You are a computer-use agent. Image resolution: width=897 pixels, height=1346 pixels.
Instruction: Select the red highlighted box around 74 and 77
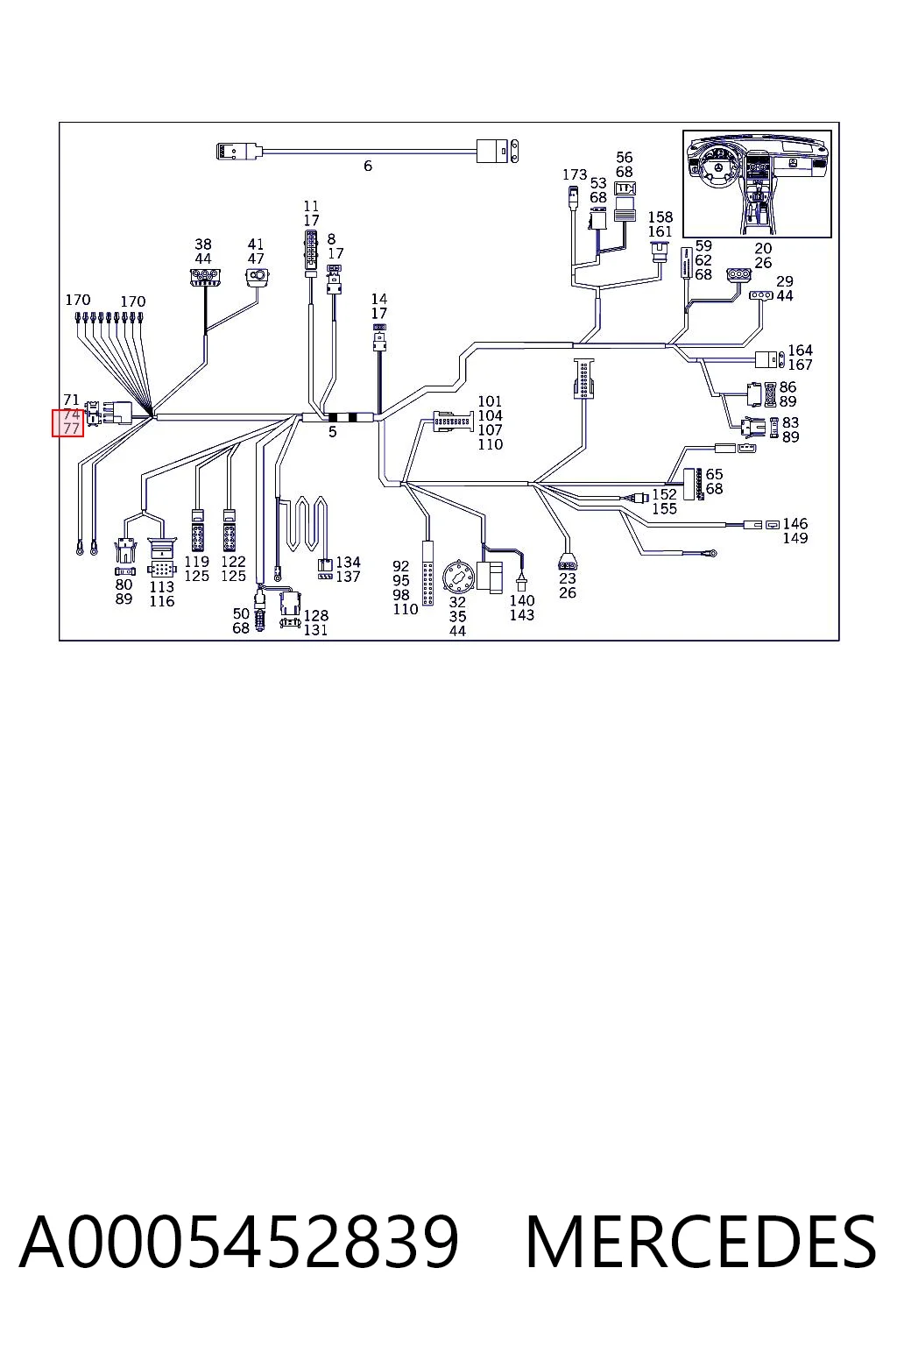pyautogui.click(x=67, y=422)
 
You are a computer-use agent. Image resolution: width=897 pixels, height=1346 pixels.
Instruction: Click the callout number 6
pyautogui.click(x=368, y=166)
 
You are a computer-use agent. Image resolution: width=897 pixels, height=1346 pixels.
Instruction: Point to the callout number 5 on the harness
pyautogui.click(x=332, y=432)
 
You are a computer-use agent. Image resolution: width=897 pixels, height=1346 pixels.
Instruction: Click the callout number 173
pyautogui.click(x=575, y=175)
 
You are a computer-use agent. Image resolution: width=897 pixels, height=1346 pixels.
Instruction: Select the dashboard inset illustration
pyautogui.click(x=757, y=183)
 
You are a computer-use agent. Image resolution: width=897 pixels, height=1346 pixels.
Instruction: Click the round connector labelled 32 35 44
pyautogui.click(x=458, y=577)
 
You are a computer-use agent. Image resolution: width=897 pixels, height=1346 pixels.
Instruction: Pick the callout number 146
pyautogui.click(x=795, y=524)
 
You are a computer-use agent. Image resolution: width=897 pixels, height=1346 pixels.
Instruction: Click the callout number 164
pyautogui.click(x=800, y=351)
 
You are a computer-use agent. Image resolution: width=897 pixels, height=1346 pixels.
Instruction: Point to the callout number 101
pyautogui.click(x=490, y=401)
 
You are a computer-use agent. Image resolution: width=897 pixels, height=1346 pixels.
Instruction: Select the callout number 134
pyautogui.click(x=348, y=563)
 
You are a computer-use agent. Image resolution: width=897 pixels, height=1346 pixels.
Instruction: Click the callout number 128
pyautogui.click(x=316, y=616)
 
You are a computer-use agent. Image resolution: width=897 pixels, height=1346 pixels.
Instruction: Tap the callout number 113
pyautogui.click(x=161, y=587)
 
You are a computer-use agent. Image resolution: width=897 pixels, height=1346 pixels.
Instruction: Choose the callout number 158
pyautogui.click(x=660, y=217)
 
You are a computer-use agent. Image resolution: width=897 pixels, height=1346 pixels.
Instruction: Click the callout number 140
pyautogui.click(x=521, y=601)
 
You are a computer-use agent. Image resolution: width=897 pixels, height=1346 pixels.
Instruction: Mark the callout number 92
pyautogui.click(x=400, y=567)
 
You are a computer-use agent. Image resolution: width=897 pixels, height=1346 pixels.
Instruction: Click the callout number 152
pyautogui.click(x=665, y=494)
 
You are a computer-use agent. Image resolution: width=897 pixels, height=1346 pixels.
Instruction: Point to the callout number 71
pyautogui.click(x=71, y=400)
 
